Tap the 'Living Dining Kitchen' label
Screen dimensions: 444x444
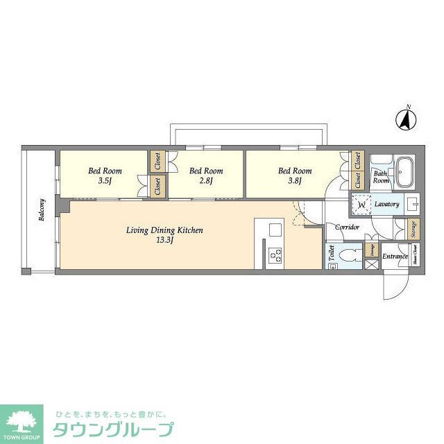[164, 230]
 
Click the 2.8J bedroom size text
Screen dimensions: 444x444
[206, 181]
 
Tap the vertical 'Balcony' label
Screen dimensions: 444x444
[42, 210]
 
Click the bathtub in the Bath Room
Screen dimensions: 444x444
[404, 171]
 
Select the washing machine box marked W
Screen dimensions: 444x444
[361, 205]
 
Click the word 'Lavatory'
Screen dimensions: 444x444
[386, 205]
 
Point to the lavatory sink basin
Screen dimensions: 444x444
[412, 205]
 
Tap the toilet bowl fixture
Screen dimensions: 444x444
[349, 255]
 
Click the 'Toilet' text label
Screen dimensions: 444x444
[331, 255]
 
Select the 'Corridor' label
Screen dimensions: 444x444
[347, 227]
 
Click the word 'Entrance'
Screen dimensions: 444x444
[394, 256]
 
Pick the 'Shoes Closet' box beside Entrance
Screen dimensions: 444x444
[415, 256]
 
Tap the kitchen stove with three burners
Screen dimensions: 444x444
[274, 255]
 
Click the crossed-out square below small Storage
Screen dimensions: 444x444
[372, 265]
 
